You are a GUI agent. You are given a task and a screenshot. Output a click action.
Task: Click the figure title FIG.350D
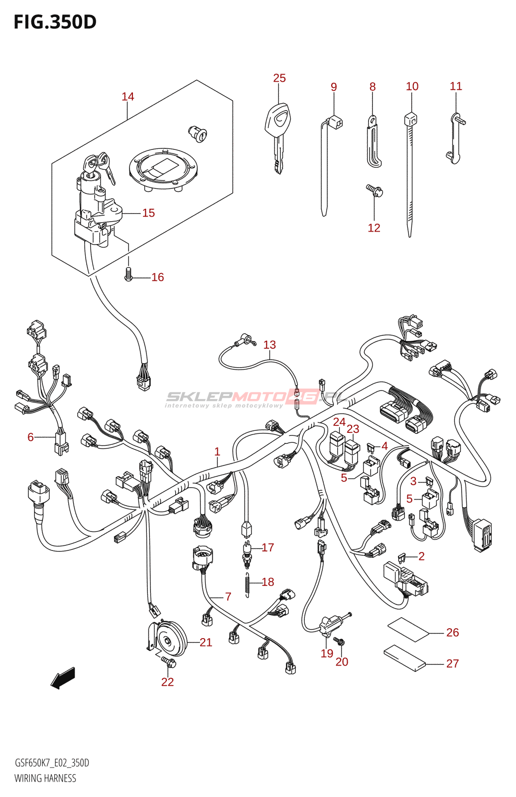coord(55,22)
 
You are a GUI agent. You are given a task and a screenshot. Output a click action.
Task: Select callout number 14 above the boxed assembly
coord(128,97)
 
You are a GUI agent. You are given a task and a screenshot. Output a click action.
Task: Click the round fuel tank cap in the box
coord(163,168)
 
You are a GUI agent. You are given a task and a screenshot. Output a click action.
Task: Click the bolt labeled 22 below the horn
coord(168,663)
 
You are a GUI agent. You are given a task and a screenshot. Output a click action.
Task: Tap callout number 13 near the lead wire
coord(269,345)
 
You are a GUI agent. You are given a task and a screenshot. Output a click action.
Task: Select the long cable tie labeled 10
coord(410,174)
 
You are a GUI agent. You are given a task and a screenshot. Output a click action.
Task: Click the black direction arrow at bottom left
coord(63,678)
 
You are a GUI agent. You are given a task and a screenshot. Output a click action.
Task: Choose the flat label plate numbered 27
coord(405,658)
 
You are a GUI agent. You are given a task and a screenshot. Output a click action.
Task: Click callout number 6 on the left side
coord(30,437)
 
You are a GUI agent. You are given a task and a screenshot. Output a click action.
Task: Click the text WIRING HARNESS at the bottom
coord(45,778)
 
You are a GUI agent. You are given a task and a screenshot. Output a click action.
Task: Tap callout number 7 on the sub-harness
coord(228,596)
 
